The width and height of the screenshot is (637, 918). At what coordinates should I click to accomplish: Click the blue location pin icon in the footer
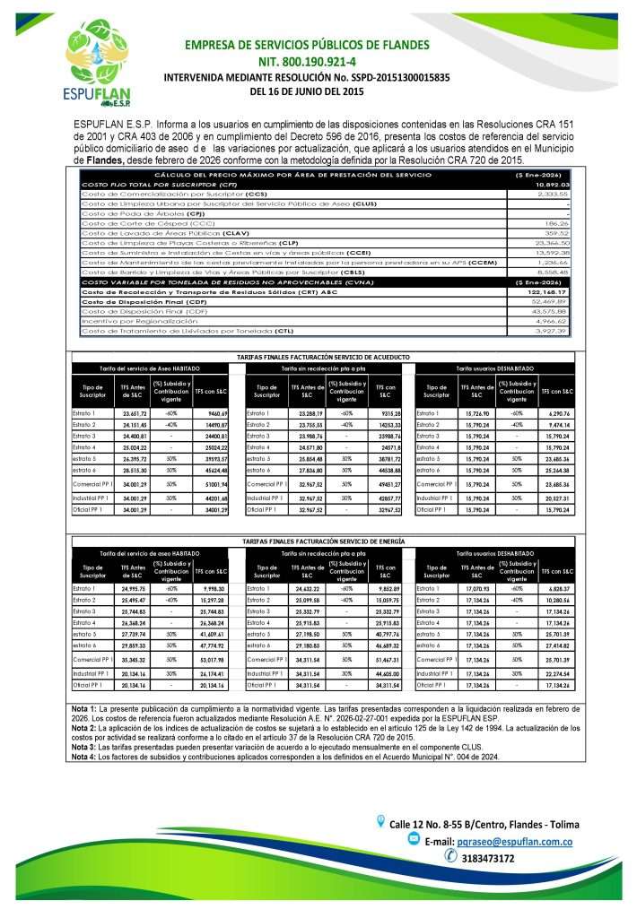(380, 823)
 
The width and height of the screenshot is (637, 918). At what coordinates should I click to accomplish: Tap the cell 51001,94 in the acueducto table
(213, 483)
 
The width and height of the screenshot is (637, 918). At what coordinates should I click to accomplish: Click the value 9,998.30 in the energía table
(213, 587)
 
